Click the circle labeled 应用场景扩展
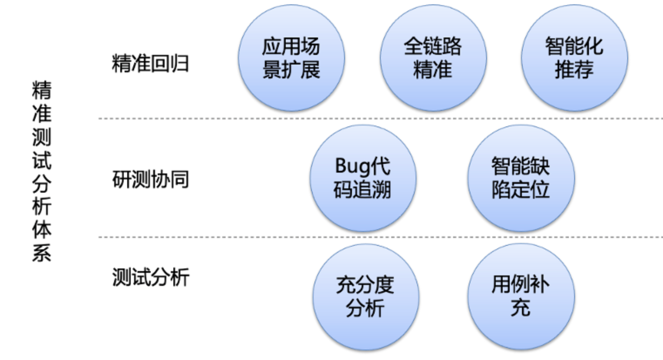291,58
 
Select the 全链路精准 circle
433,58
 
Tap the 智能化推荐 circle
574,58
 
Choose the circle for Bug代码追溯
362,178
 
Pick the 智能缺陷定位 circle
521,178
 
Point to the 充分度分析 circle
365,297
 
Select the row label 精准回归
150,64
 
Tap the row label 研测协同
150,179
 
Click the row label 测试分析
150,277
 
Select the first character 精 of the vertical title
41,91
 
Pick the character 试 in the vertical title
41,160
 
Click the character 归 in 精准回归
179,64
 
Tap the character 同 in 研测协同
179,179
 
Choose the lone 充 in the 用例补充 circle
521,308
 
